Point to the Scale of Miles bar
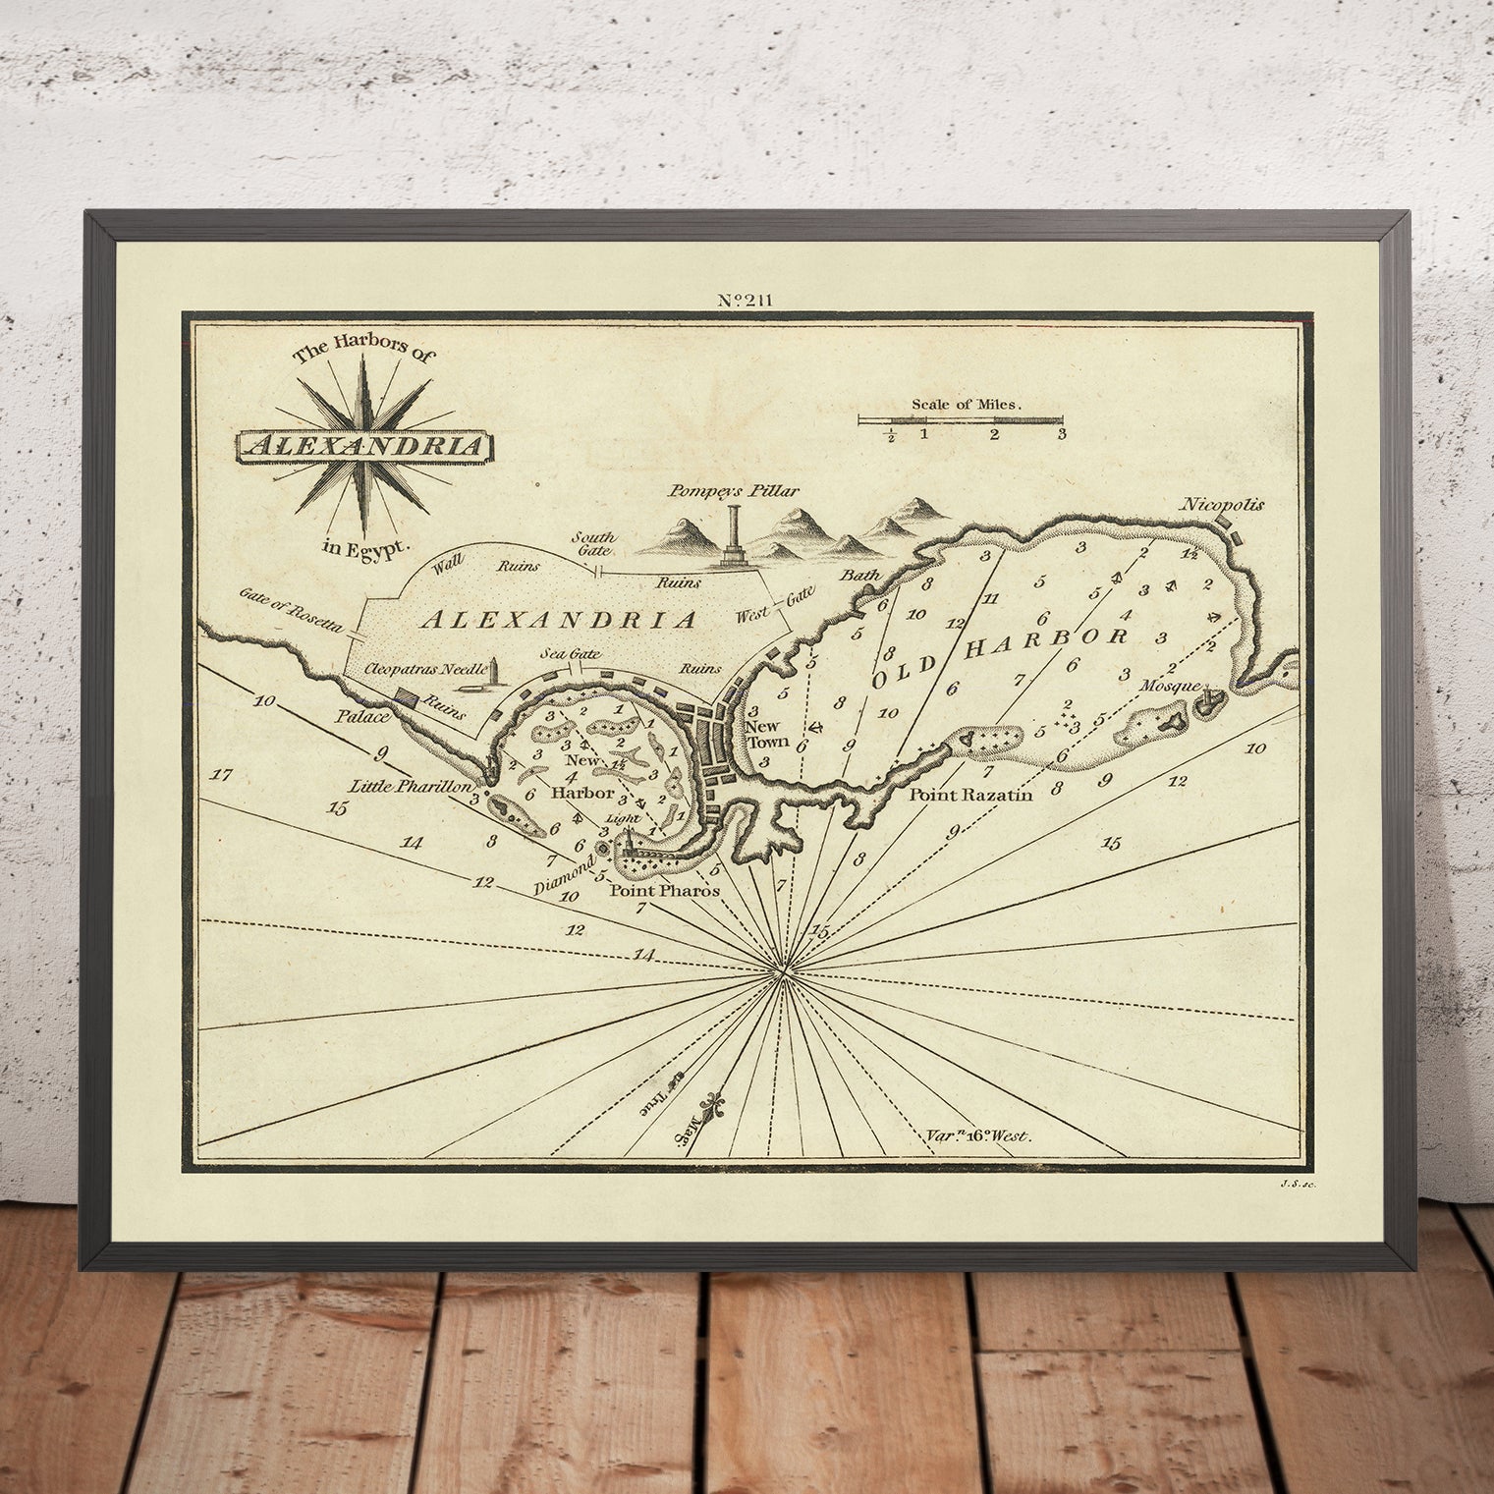[961, 420]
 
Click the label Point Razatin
[969, 795]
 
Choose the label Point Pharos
[666, 890]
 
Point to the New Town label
[762, 734]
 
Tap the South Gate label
[594, 544]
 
